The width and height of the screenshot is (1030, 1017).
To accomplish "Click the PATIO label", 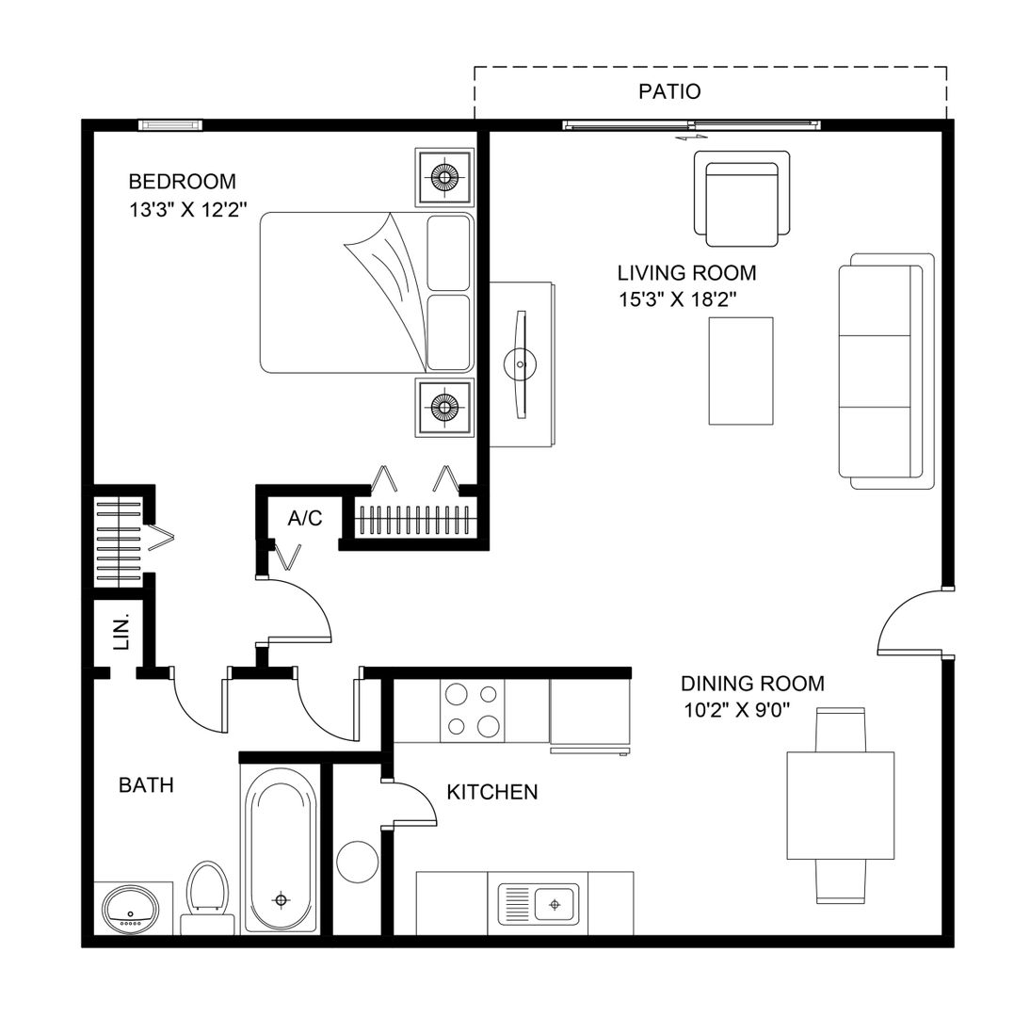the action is pyautogui.click(x=669, y=91).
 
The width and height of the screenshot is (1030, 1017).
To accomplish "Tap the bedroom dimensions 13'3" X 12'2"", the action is pyautogui.click(x=188, y=210).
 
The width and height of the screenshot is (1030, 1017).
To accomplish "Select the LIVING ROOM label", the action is pyautogui.click(x=686, y=273).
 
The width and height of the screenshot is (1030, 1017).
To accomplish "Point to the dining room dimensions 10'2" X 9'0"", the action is pyautogui.click(x=736, y=710).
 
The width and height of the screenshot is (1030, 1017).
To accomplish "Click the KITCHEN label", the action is pyautogui.click(x=492, y=792).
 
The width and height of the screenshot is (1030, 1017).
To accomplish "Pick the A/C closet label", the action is pyautogui.click(x=305, y=518).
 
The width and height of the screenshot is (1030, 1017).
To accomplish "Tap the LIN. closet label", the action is pyautogui.click(x=122, y=632).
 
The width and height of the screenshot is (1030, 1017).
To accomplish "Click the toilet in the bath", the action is pyautogui.click(x=208, y=898).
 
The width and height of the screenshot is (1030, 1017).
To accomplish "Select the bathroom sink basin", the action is pyautogui.click(x=131, y=910).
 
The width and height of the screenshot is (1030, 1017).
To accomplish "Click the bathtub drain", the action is pyautogui.click(x=282, y=899).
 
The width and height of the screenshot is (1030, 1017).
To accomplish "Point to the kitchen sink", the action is pyautogui.click(x=539, y=904).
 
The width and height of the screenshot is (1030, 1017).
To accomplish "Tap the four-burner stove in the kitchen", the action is pyautogui.click(x=473, y=710).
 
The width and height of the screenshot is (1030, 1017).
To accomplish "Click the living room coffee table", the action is pyautogui.click(x=740, y=371).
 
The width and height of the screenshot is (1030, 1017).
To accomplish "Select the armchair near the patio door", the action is pyautogui.click(x=742, y=199).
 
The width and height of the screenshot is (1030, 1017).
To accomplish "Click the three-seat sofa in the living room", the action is pyautogui.click(x=886, y=371).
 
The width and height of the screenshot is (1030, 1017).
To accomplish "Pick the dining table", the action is pyautogui.click(x=840, y=805).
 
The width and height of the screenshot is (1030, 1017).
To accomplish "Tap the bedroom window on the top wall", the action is pyautogui.click(x=170, y=125).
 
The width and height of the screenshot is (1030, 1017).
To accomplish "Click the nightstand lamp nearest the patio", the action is pyautogui.click(x=444, y=177).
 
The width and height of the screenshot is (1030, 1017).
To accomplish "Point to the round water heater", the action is pyautogui.click(x=358, y=862).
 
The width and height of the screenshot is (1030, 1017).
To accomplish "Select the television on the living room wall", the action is pyautogui.click(x=521, y=364).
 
